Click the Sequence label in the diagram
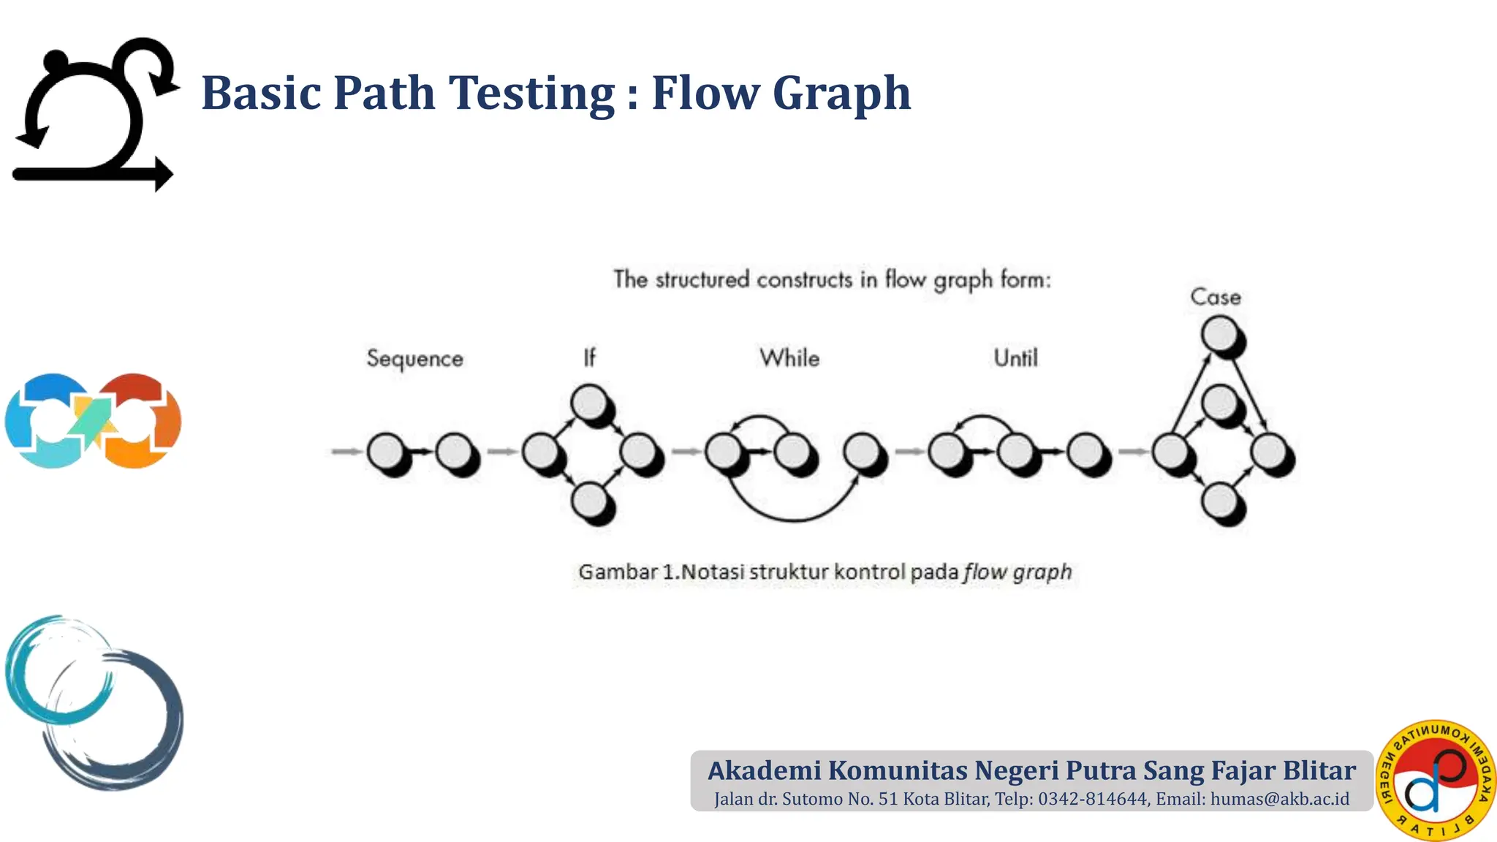click(x=414, y=359)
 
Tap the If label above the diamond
click(x=589, y=357)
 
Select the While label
click(x=789, y=358)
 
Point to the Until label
click(x=1015, y=358)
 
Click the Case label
click(x=1216, y=297)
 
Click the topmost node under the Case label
click(x=1220, y=335)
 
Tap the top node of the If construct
click(x=589, y=402)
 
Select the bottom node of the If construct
click(x=589, y=501)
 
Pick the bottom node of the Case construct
click(x=1220, y=501)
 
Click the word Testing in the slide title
click(x=532, y=93)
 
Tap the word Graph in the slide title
click(x=841, y=93)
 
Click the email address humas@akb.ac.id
click(x=1280, y=799)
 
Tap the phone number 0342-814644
click(x=1093, y=799)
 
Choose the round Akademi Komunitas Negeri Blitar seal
click(x=1436, y=780)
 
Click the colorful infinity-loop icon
click(x=93, y=421)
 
